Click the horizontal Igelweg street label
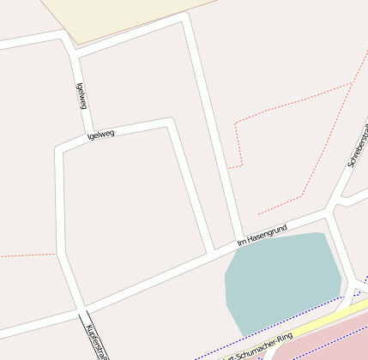pyautogui.click(x=101, y=134)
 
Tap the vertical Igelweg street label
pyautogui.click(x=81, y=95)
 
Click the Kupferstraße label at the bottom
pyautogui.click(x=97, y=338)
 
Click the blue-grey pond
pyautogui.click(x=281, y=279)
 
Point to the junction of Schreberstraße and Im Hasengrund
pyautogui.click(x=327, y=209)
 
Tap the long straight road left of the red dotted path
pyautogui.click(x=210, y=129)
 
